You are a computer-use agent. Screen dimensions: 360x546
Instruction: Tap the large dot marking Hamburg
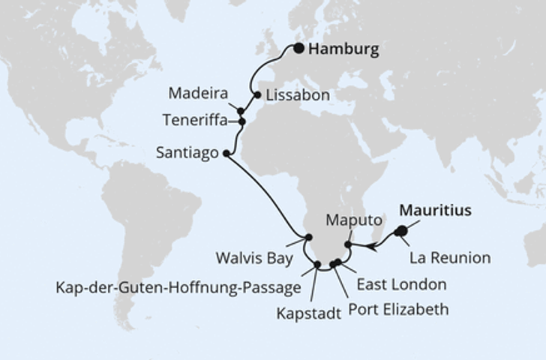point(299,49)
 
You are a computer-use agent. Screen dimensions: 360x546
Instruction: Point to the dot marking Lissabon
point(258,95)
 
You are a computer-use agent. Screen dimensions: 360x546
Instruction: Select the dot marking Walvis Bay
point(307,238)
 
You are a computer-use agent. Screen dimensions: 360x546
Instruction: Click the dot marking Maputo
point(348,244)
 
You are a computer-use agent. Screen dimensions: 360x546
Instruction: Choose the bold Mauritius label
point(436,211)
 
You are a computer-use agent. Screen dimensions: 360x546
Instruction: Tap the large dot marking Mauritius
point(401,231)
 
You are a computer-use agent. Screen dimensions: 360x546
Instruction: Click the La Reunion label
point(450,259)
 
